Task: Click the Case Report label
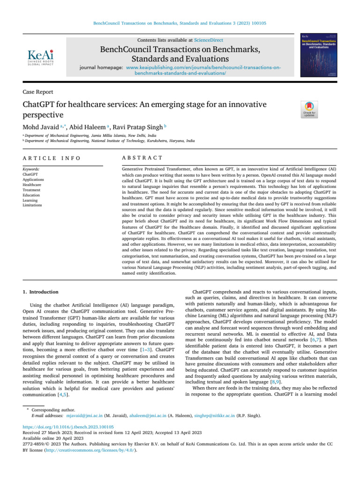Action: point(37,92)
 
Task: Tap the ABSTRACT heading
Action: point(142,158)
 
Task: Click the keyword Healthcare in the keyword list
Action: point(32,185)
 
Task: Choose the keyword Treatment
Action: point(31,190)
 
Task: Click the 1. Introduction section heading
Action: point(41,292)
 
